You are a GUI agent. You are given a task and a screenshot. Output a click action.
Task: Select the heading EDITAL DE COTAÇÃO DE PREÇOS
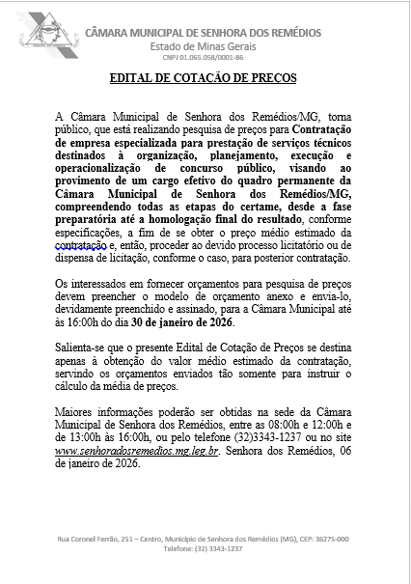coord(205,77)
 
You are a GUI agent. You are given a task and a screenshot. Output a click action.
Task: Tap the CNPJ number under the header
coord(204,58)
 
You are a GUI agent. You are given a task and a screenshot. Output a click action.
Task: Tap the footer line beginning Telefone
coord(204,548)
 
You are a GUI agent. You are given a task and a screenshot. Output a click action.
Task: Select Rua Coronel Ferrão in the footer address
coord(89,539)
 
